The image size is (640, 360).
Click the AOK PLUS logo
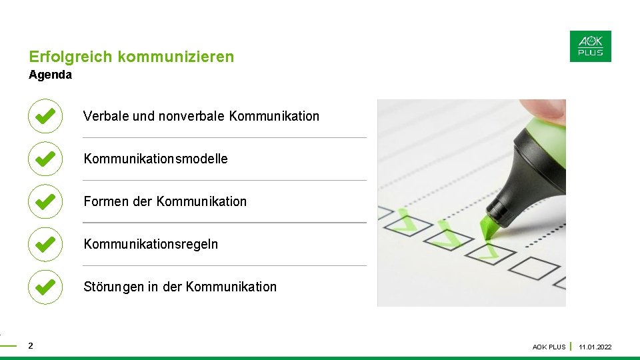point(590,46)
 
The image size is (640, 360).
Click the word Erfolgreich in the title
point(71,57)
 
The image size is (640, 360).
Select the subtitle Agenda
point(50,75)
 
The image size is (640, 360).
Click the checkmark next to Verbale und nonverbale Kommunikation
point(45,116)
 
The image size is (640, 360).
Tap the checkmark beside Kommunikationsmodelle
point(45,159)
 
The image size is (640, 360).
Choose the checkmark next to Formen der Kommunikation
point(45,201)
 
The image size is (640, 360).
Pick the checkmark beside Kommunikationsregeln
point(45,244)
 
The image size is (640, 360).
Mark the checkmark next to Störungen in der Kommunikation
point(45,287)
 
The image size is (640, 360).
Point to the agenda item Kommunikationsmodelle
point(155,159)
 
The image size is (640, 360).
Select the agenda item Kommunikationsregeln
point(151,244)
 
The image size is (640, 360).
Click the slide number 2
point(31,346)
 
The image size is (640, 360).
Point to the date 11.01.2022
point(595,347)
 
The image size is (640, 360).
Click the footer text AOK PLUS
point(549,347)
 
